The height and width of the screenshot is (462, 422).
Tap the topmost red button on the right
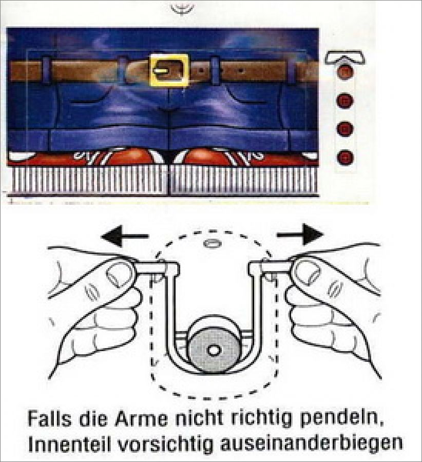(345, 72)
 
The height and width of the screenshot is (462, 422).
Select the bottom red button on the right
(345, 157)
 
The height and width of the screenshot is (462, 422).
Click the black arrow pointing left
(124, 236)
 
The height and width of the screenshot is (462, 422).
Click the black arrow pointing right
(300, 235)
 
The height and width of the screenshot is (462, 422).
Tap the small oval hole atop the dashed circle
(212, 244)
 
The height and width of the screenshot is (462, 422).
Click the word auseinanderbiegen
(311, 444)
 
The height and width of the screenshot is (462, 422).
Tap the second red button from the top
(345, 100)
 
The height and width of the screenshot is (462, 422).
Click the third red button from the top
(345, 129)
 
